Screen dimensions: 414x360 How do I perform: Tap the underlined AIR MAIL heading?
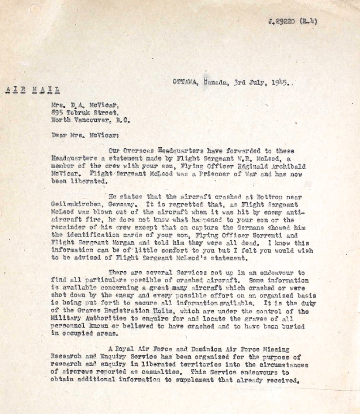point(32,90)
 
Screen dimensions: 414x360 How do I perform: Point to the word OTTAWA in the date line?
point(184,81)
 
